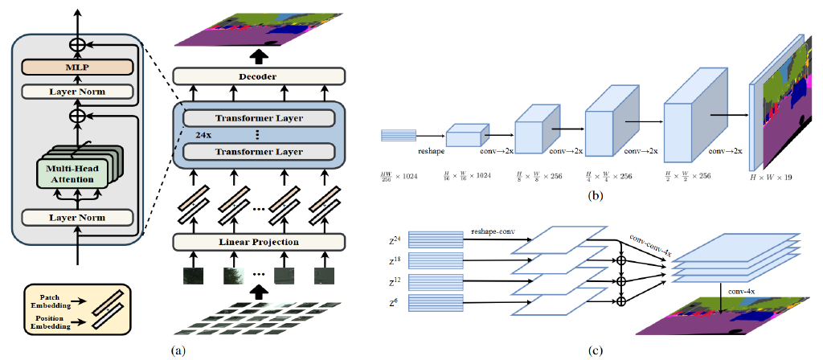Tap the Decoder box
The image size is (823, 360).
(x=258, y=77)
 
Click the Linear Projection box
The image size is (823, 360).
(x=258, y=242)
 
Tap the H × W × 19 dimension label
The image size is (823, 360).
(x=770, y=175)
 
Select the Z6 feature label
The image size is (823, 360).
(x=394, y=301)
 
